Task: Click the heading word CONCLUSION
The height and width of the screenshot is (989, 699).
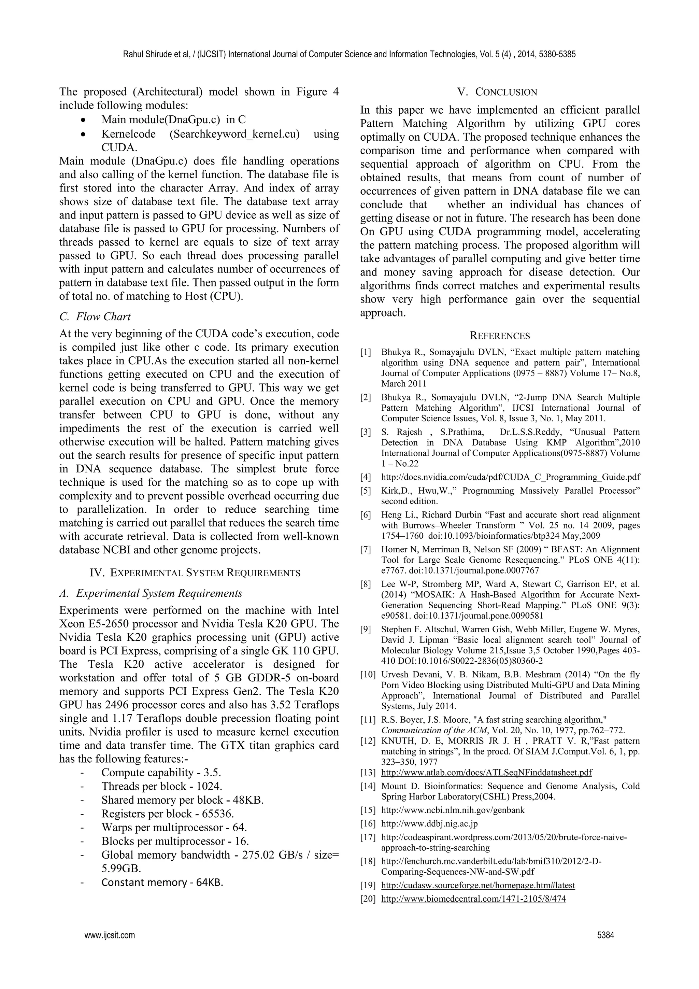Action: click(x=506, y=92)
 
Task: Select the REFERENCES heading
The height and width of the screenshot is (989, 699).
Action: click(x=500, y=336)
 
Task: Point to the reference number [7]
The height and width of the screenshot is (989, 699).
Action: click(x=366, y=550)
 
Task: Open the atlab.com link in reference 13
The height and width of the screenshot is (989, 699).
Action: click(x=486, y=773)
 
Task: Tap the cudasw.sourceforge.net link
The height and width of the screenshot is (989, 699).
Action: click(x=478, y=885)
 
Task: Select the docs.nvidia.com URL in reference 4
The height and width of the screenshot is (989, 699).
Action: click(x=510, y=477)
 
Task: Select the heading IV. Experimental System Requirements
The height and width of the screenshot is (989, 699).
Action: click(x=195, y=573)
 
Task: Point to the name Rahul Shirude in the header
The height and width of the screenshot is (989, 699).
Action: click(x=144, y=54)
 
